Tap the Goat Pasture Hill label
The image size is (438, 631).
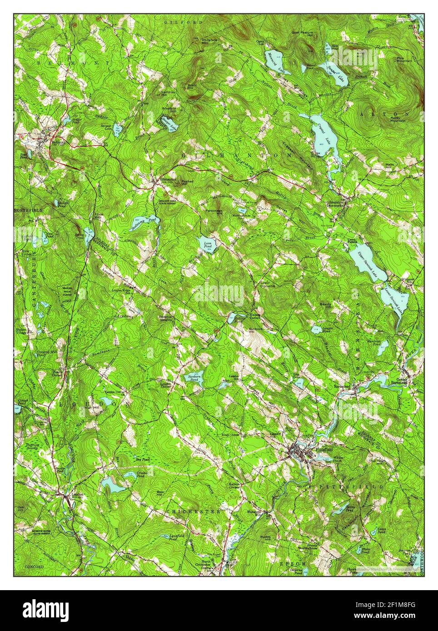tap(303, 33)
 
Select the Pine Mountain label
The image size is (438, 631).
tap(404, 59)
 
